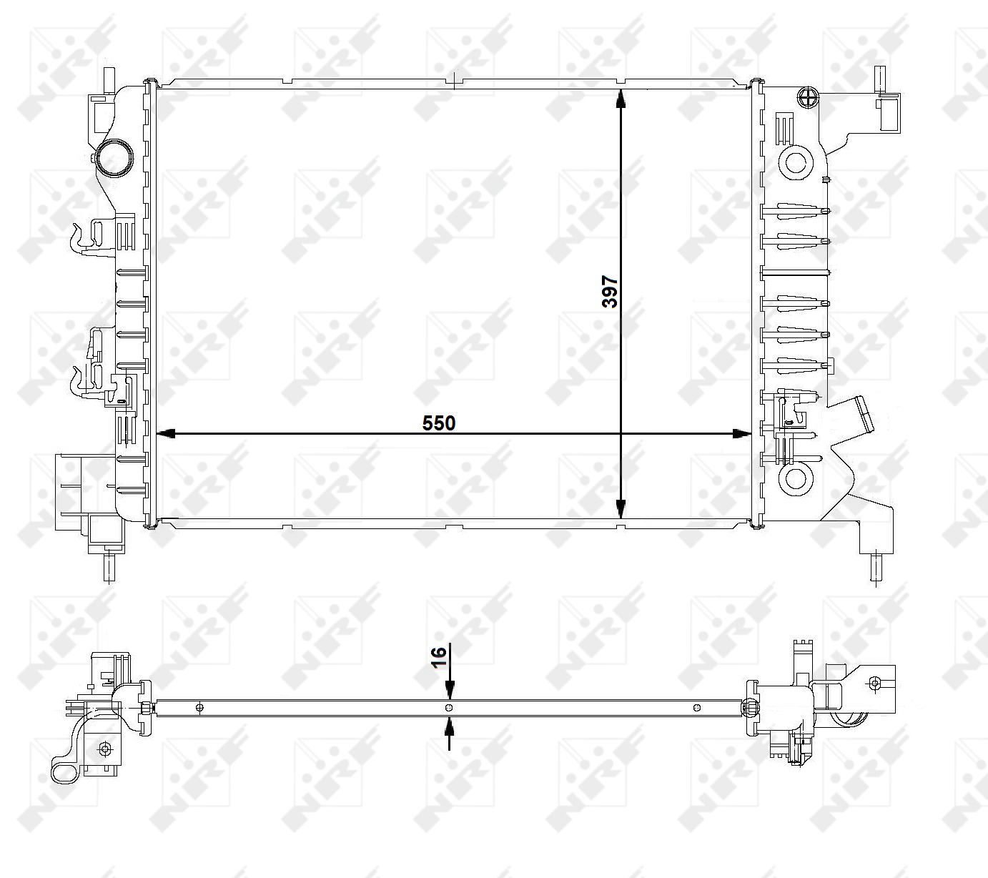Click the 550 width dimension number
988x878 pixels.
click(439, 423)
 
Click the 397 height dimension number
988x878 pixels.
click(610, 292)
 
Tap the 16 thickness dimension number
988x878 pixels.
click(439, 656)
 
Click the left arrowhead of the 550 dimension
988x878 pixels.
click(166, 433)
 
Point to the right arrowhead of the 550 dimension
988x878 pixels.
click(742, 433)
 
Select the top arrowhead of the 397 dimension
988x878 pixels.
click(621, 99)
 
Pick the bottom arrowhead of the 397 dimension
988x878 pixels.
click(621, 509)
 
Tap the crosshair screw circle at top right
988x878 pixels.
click(808, 97)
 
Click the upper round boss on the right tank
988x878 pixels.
click(796, 162)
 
